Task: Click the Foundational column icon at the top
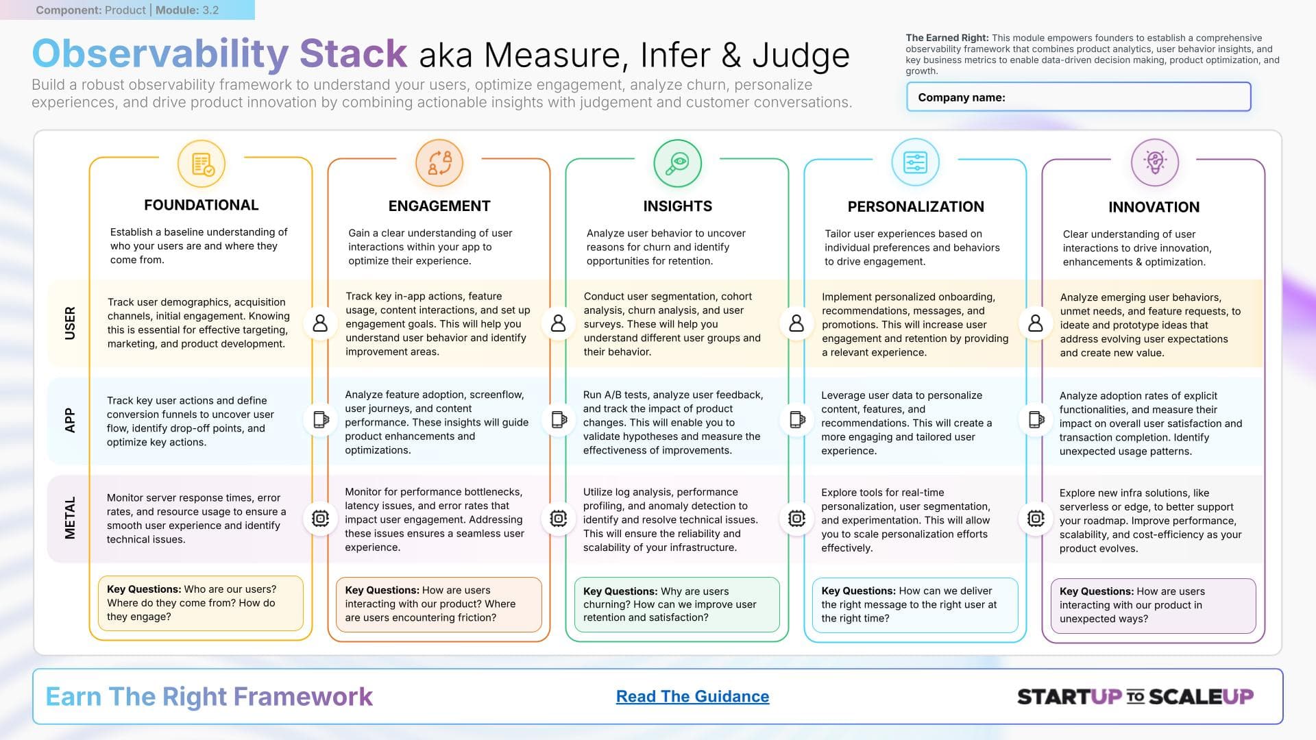[x=202, y=164]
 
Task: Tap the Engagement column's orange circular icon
[x=439, y=163]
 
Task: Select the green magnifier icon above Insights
[x=677, y=163]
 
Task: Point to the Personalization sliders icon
[x=915, y=163]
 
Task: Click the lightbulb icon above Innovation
[x=1155, y=163]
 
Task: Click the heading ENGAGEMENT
[x=439, y=206]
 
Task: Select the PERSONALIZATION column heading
[x=916, y=207]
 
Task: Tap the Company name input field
[x=1078, y=97]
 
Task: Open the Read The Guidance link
[x=692, y=696]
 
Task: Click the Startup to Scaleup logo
[x=1135, y=697]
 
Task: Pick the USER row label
[x=70, y=323]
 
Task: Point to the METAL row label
[x=70, y=518]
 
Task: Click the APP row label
[x=70, y=420]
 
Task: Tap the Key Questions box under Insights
[x=677, y=604]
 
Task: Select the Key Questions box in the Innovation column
[x=1153, y=605]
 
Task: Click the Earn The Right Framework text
[x=209, y=696]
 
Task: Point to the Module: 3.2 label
[x=187, y=10]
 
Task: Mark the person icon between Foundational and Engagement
[x=320, y=323]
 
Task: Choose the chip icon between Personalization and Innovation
[x=1036, y=519]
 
